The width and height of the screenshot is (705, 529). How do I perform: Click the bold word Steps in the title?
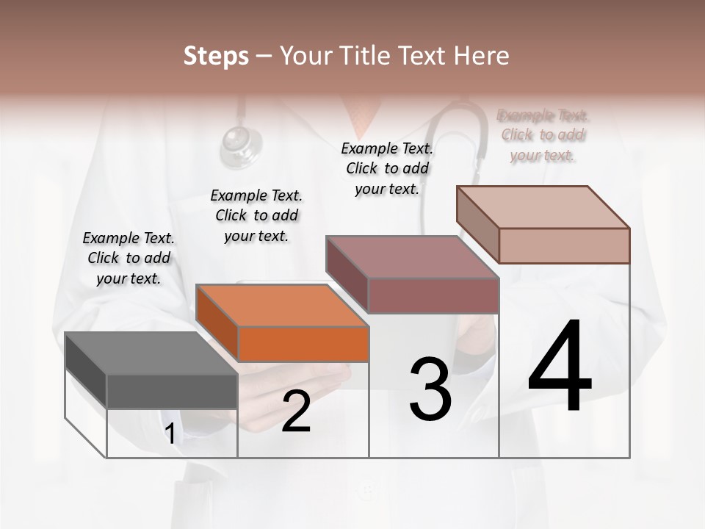click(x=216, y=56)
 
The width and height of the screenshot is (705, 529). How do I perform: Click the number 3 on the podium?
click(x=430, y=389)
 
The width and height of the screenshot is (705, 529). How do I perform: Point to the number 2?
click(x=296, y=411)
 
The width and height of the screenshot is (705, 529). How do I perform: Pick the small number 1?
click(x=170, y=434)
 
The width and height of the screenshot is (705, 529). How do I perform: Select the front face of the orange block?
click(x=303, y=344)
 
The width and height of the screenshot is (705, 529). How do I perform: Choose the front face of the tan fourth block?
click(x=564, y=245)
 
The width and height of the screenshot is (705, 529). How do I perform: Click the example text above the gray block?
click(x=129, y=258)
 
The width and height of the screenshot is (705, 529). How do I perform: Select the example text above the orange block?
click(x=256, y=215)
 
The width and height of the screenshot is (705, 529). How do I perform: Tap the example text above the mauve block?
click(x=387, y=168)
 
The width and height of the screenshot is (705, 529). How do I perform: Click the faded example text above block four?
click(x=543, y=135)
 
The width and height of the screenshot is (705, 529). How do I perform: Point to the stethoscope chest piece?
click(x=241, y=143)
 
